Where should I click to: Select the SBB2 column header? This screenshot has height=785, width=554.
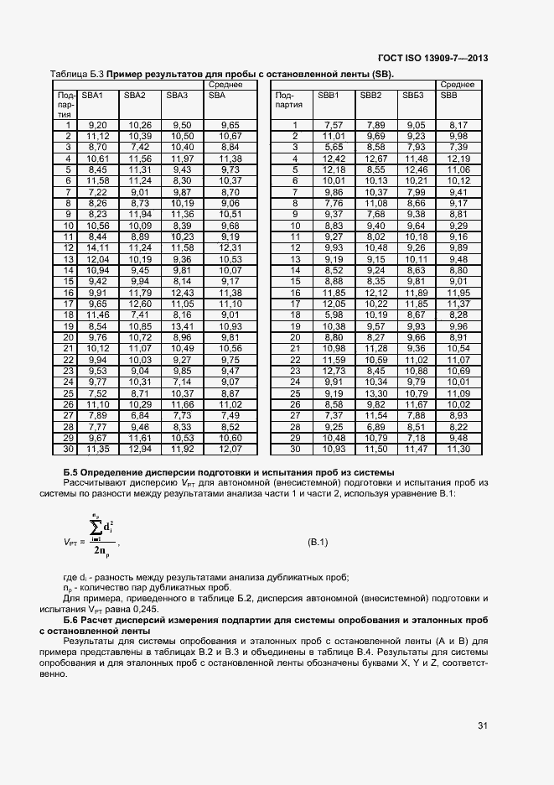pos(370,96)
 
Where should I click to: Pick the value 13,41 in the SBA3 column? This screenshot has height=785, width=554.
pos(182,325)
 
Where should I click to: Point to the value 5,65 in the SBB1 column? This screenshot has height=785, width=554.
pos(334,147)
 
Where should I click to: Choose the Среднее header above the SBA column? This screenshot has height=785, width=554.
pos(224,85)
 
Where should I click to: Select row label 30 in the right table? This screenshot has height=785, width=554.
pos(294,449)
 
